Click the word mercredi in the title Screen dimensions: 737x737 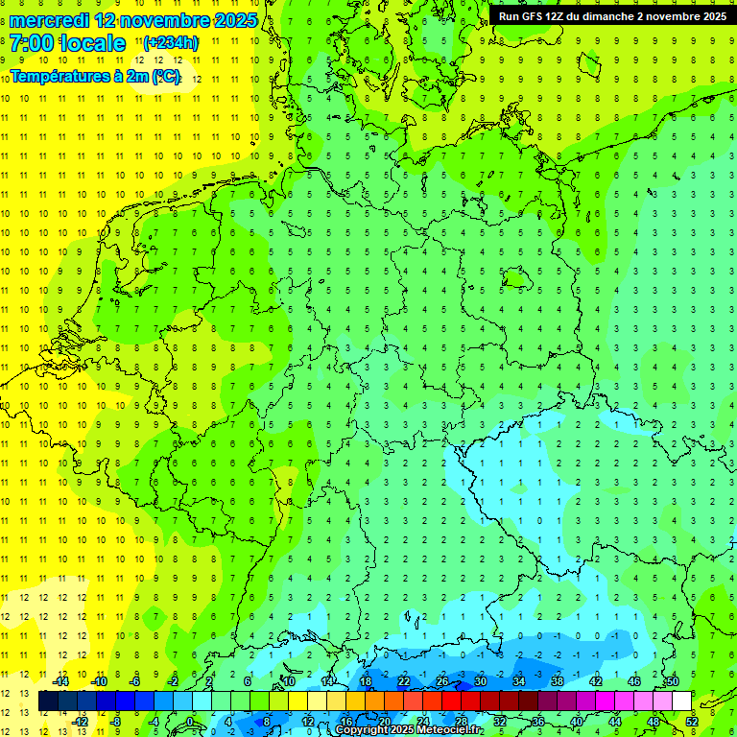point(49,20)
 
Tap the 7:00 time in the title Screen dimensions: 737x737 point(32,43)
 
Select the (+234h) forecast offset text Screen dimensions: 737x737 point(171,43)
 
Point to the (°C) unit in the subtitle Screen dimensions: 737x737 point(165,75)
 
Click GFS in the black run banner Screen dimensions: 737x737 point(535,16)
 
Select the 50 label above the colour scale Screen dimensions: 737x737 point(673,681)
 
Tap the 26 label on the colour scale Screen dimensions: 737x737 point(442,681)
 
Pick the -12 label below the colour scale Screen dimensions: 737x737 point(80,722)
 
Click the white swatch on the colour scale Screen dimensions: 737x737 point(681,701)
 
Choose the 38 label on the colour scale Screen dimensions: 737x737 point(558,681)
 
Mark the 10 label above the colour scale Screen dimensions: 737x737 point(289,681)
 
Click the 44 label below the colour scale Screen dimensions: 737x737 point(615,722)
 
